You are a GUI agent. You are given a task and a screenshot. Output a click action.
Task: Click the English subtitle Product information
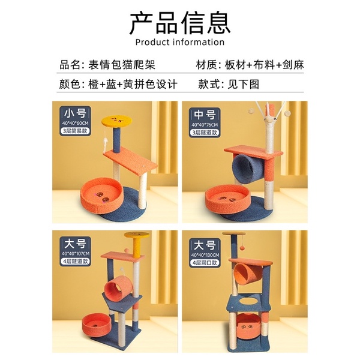pos(180,43)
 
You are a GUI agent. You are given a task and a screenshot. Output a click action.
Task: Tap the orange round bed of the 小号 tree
pos(101,196)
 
